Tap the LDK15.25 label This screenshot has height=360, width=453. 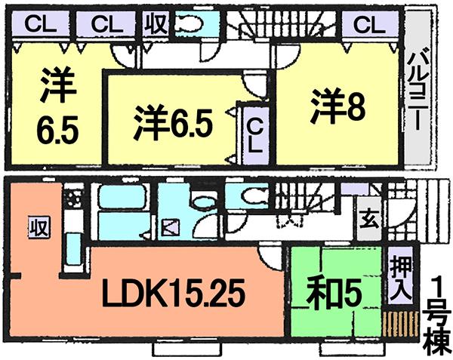pyautogui.click(x=180, y=294)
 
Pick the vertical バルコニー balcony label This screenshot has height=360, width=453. pyautogui.click(x=417, y=80)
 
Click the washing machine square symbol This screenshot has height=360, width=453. pyautogui.click(x=168, y=225)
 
